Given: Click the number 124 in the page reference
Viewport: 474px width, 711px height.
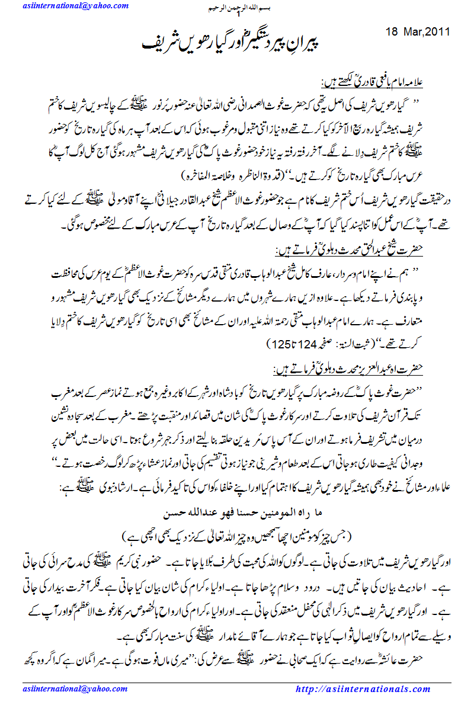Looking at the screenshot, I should pos(310,342).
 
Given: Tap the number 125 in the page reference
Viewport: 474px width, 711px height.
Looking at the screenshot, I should pos(280,342).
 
